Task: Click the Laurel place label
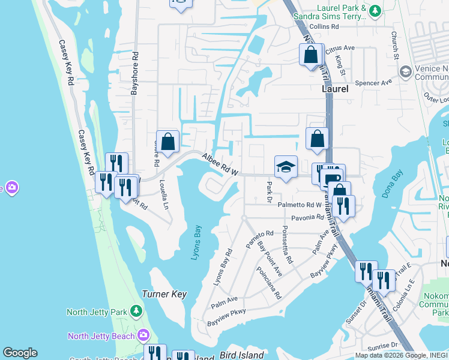335,88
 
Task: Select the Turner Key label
164,295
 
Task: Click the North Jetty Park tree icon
137,311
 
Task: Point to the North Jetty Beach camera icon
143,335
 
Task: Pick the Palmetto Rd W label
300,205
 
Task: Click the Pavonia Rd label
308,217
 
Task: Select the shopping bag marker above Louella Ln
168,142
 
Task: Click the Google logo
20,353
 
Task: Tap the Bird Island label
242,355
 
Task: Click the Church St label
396,46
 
